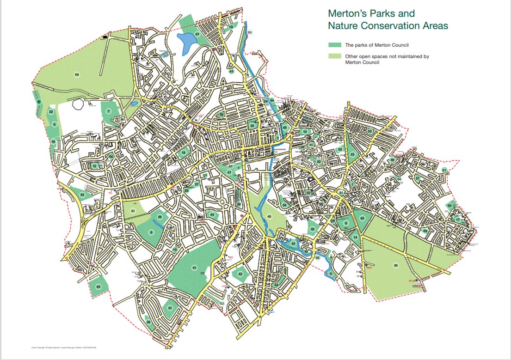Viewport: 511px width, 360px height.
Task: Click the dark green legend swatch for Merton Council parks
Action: tap(334, 45)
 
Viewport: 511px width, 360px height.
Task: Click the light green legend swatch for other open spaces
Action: tap(334, 56)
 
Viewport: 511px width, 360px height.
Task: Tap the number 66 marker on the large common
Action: tap(77, 74)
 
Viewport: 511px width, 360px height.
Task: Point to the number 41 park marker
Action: tap(194, 268)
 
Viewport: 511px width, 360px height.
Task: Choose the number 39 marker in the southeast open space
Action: tap(395, 265)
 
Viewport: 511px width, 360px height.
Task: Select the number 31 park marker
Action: tap(170, 308)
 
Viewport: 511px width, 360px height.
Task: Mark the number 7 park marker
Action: tap(108, 111)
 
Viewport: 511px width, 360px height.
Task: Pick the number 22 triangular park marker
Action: tap(352, 154)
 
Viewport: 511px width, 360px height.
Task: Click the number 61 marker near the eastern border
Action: tap(444, 171)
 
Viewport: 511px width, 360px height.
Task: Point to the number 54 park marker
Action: tap(82, 195)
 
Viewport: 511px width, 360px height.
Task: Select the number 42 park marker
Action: tap(240, 274)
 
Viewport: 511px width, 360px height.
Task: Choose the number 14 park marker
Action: tap(355, 237)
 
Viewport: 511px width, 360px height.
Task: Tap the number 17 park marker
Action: tap(457, 220)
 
